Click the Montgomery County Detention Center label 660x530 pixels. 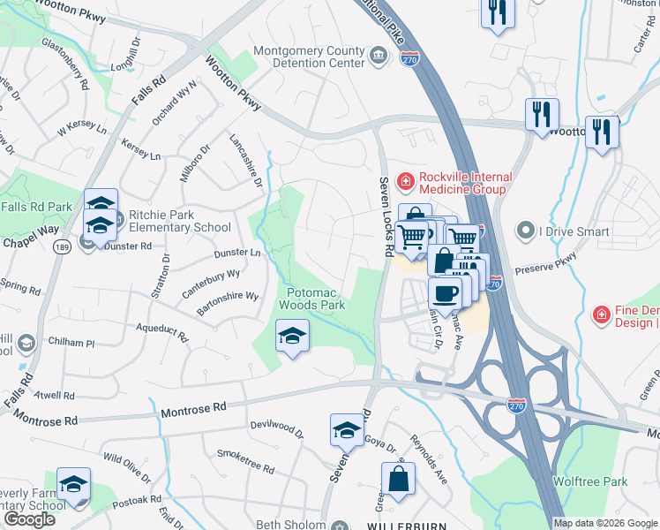click(309, 57)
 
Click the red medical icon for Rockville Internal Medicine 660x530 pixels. click(405, 182)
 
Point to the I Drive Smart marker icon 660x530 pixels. click(524, 231)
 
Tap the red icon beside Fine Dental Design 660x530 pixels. click(601, 314)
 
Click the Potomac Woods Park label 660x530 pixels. click(311, 298)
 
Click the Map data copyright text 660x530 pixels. click(605, 523)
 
